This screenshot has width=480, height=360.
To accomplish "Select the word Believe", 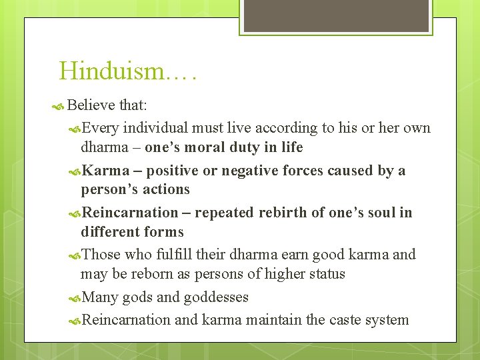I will tap(92, 105).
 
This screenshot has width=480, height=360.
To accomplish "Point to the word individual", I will tap(156, 127).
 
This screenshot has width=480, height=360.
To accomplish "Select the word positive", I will tap(173, 171).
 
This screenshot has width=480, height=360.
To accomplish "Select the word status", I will tap(323, 274).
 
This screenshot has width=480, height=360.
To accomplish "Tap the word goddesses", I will tap(216, 297).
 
